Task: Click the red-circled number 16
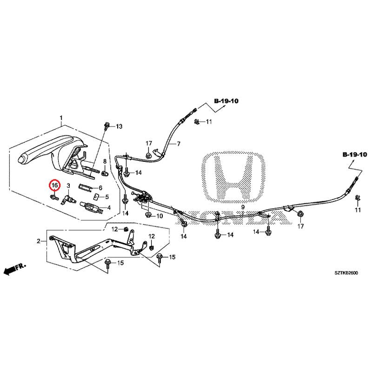click(x=55, y=186)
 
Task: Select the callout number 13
click(x=119, y=126)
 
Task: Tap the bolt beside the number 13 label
click(x=108, y=125)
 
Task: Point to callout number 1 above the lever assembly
click(x=60, y=118)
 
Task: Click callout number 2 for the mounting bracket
click(x=39, y=240)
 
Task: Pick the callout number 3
click(x=68, y=186)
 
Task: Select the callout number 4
click(x=108, y=207)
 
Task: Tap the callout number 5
click(x=106, y=197)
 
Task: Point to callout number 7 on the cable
click(x=178, y=144)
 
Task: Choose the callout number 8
click(x=105, y=161)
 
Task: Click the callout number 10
click(x=159, y=216)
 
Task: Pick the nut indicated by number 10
click(x=148, y=215)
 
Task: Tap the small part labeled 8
click(x=105, y=173)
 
